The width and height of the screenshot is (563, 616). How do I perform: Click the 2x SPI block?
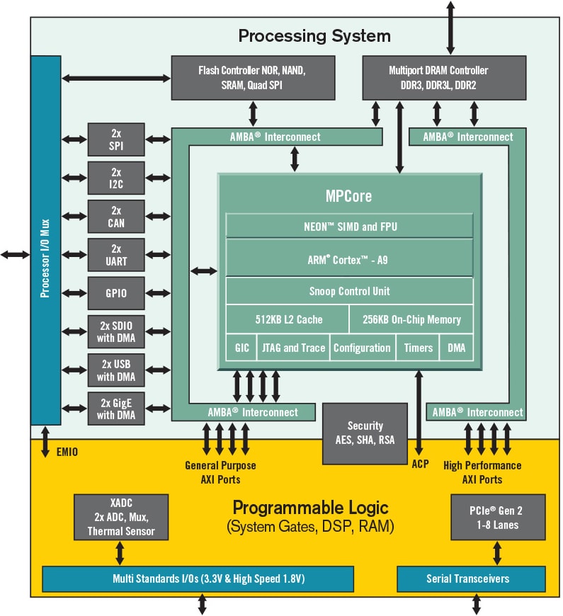tap(116, 139)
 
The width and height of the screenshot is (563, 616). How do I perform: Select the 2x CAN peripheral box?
tap(116, 217)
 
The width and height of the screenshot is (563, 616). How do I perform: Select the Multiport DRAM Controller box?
tap(444, 77)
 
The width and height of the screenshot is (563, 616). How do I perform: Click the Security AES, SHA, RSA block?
tap(365, 433)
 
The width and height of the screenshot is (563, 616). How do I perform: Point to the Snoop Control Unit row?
tap(349, 291)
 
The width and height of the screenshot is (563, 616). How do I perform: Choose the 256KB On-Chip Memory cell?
tap(411, 319)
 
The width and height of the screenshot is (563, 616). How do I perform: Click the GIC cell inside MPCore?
tap(241, 348)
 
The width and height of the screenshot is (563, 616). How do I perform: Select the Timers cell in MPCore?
tap(417, 348)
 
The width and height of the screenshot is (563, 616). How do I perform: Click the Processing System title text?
tap(314, 35)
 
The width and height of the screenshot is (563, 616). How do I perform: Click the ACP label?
tap(420, 465)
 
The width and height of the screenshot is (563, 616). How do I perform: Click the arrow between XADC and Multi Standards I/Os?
tap(120, 552)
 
